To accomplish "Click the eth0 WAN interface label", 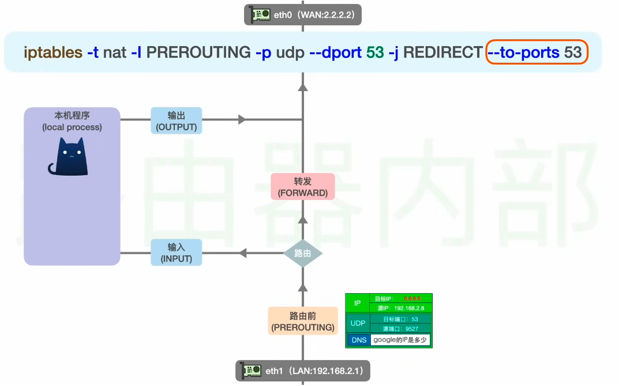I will [303, 14].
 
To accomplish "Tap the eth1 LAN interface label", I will [303, 370].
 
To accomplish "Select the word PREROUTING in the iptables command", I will [198, 53].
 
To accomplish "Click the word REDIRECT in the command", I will [442, 53].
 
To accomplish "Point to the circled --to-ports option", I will [524, 53].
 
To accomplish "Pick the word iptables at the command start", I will [53, 53].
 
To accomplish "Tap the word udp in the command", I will [290, 53].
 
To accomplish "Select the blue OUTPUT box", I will [177, 120].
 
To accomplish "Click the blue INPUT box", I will [177, 252].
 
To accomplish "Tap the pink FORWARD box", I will [302, 187].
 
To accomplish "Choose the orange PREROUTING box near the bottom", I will [302, 321].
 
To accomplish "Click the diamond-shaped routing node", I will [302, 252].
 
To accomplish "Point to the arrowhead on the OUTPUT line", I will [242, 120].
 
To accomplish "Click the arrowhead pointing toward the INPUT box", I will [243, 252].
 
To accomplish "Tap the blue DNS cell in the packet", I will [358, 340].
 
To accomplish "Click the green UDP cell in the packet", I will [358, 323].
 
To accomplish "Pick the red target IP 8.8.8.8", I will [412, 299].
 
